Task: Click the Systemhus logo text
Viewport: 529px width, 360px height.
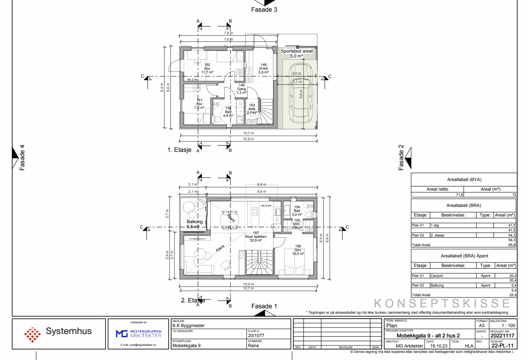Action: tap(68, 332)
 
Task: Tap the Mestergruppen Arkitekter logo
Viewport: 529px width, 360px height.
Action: tap(138, 333)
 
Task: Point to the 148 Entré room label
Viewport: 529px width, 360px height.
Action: tap(263, 68)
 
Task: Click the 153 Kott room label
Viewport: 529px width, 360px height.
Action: tap(252, 109)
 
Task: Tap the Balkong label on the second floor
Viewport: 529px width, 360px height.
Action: tap(195, 222)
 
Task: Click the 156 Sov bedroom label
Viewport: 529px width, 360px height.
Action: tap(298, 249)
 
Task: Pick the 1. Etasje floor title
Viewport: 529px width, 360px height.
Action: tap(180, 150)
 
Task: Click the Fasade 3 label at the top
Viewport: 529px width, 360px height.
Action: tap(264, 9)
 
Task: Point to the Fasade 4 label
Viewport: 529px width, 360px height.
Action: tap(22, 158)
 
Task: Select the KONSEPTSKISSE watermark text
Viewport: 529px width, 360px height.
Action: tap(442, 303)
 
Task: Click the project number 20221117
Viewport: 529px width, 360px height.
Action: tap(502, 335)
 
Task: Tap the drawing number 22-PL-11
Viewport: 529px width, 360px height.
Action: tap(502, 345)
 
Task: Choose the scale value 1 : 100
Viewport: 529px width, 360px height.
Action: tap(508, 325)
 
